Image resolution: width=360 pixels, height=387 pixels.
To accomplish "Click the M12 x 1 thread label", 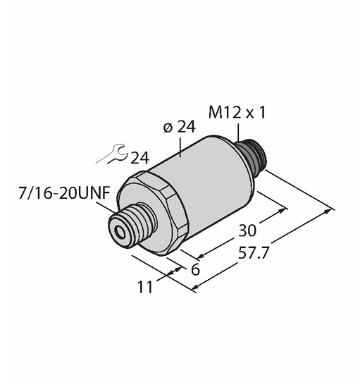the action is point(237,113).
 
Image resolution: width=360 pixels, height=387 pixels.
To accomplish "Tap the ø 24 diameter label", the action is point(180,127).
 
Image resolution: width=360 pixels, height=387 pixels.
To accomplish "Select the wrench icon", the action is point(113,154).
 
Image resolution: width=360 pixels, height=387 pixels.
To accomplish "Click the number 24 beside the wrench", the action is point(140,158).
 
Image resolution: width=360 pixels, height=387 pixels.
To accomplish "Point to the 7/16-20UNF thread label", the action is point(64,192).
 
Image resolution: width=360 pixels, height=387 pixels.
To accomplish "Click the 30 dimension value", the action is point(247,231).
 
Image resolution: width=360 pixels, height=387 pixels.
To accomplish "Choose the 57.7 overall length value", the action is point(253,252).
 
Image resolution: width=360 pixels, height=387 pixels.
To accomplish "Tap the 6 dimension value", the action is point(195,269).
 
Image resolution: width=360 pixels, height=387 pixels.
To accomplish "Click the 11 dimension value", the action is point(145,287).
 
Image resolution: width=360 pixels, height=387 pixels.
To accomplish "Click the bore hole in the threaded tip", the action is point(121,232).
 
